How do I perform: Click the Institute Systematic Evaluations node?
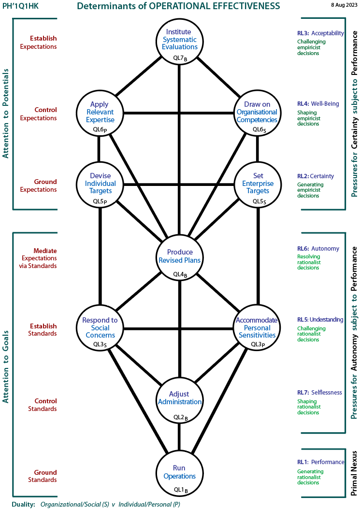coord(180,42)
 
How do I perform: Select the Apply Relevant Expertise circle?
coord(100,113)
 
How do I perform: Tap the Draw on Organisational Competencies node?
coord(258,113)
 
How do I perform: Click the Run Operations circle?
coord(180,474)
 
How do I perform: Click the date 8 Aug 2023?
coord(344,5)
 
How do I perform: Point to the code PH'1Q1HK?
coord(20,6)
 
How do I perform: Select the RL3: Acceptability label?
coord(320,33)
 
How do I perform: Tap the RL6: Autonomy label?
coord(318,249)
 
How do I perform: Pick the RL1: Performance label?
coord(320,462)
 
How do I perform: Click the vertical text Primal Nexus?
coord(354,473)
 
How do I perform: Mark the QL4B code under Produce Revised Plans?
coord(180,274)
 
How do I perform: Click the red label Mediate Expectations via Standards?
coord(38,258)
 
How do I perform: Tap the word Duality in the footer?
coord(23,504)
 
